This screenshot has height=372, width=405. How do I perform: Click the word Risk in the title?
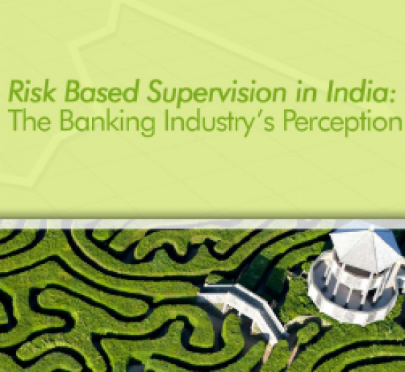click(x=31, y=91)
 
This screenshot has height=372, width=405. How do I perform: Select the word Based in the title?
click(x=101, y=91)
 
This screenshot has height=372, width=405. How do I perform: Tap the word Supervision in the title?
click(x=217, y=93)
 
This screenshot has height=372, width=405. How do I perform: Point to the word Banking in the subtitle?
click(x=107, y=123)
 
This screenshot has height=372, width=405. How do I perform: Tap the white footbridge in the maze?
click(x=248, y=310)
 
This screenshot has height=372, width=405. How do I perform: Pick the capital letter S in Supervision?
click(x=157, y=91)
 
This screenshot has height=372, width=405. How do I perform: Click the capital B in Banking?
click(x=68, y=120)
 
